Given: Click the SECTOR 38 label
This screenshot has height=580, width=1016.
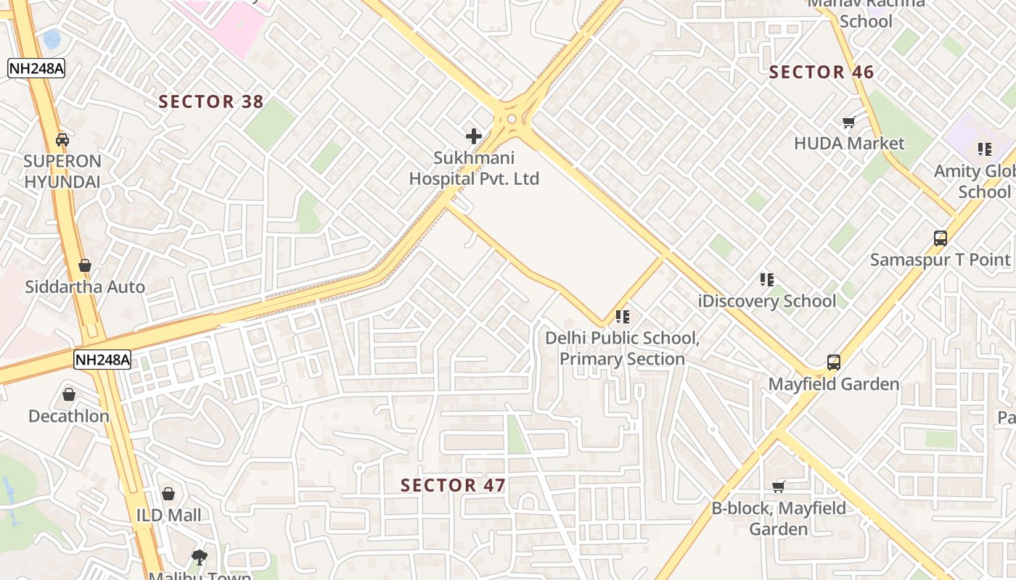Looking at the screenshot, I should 211,101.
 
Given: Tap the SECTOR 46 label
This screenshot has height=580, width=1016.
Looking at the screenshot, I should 822,72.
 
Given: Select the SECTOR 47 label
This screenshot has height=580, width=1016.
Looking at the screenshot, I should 453,486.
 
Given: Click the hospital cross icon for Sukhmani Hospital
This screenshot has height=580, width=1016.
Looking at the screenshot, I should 474,136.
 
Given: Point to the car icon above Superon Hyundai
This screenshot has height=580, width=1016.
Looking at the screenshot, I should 62,139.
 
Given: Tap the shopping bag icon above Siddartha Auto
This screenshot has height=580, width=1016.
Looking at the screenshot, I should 85,265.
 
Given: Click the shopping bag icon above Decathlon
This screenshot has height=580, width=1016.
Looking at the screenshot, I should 69,394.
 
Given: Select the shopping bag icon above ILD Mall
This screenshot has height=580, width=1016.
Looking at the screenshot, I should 168,494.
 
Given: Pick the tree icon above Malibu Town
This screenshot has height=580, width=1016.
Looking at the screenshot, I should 200,558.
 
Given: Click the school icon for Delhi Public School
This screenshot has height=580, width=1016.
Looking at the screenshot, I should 623,317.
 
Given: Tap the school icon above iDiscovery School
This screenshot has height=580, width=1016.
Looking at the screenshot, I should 767,279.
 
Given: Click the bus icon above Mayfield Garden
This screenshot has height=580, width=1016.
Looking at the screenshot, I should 834,362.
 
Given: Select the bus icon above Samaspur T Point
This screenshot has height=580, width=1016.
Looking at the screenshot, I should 941,238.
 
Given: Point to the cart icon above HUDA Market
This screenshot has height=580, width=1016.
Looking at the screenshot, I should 848,122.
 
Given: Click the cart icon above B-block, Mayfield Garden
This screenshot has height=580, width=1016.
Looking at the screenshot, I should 779,486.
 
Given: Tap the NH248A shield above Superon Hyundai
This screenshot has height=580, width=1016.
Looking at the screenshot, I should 36,68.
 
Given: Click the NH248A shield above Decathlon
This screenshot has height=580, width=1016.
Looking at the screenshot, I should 102,359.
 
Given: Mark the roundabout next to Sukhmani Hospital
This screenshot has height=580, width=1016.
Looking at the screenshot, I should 512,119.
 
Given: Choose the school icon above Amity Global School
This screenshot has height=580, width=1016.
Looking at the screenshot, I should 985,149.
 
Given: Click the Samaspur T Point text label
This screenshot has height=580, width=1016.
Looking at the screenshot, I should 941,260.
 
